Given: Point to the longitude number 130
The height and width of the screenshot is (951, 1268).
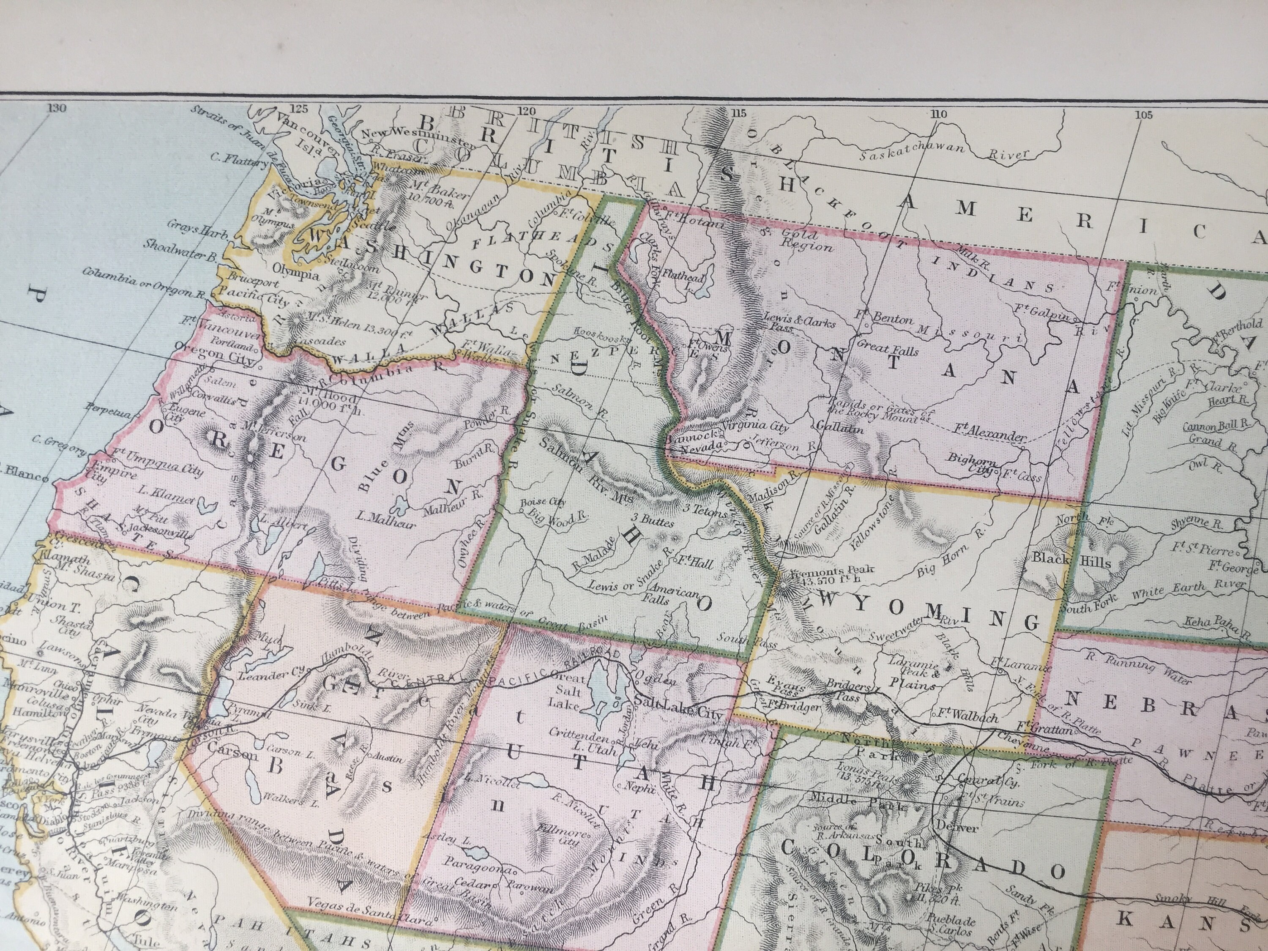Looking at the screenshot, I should [x=57, y=108].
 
